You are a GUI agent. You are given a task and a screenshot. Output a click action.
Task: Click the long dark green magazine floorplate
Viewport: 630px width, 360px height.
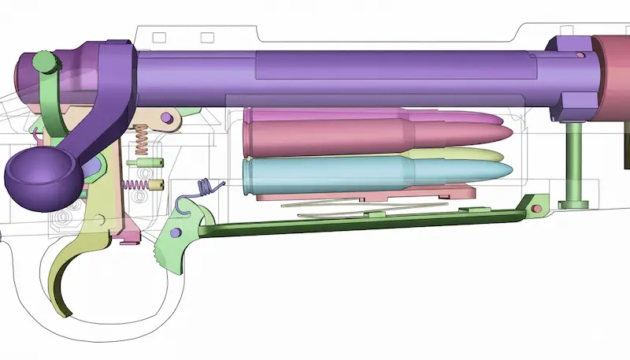click(354, 226)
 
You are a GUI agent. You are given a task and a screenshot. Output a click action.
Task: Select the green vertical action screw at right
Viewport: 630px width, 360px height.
click(576, 165)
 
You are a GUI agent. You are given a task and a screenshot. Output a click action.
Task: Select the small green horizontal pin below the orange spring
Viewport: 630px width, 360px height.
click(142, 163)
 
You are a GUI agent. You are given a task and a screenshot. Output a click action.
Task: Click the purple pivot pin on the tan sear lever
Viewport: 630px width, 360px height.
click(167, 117)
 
